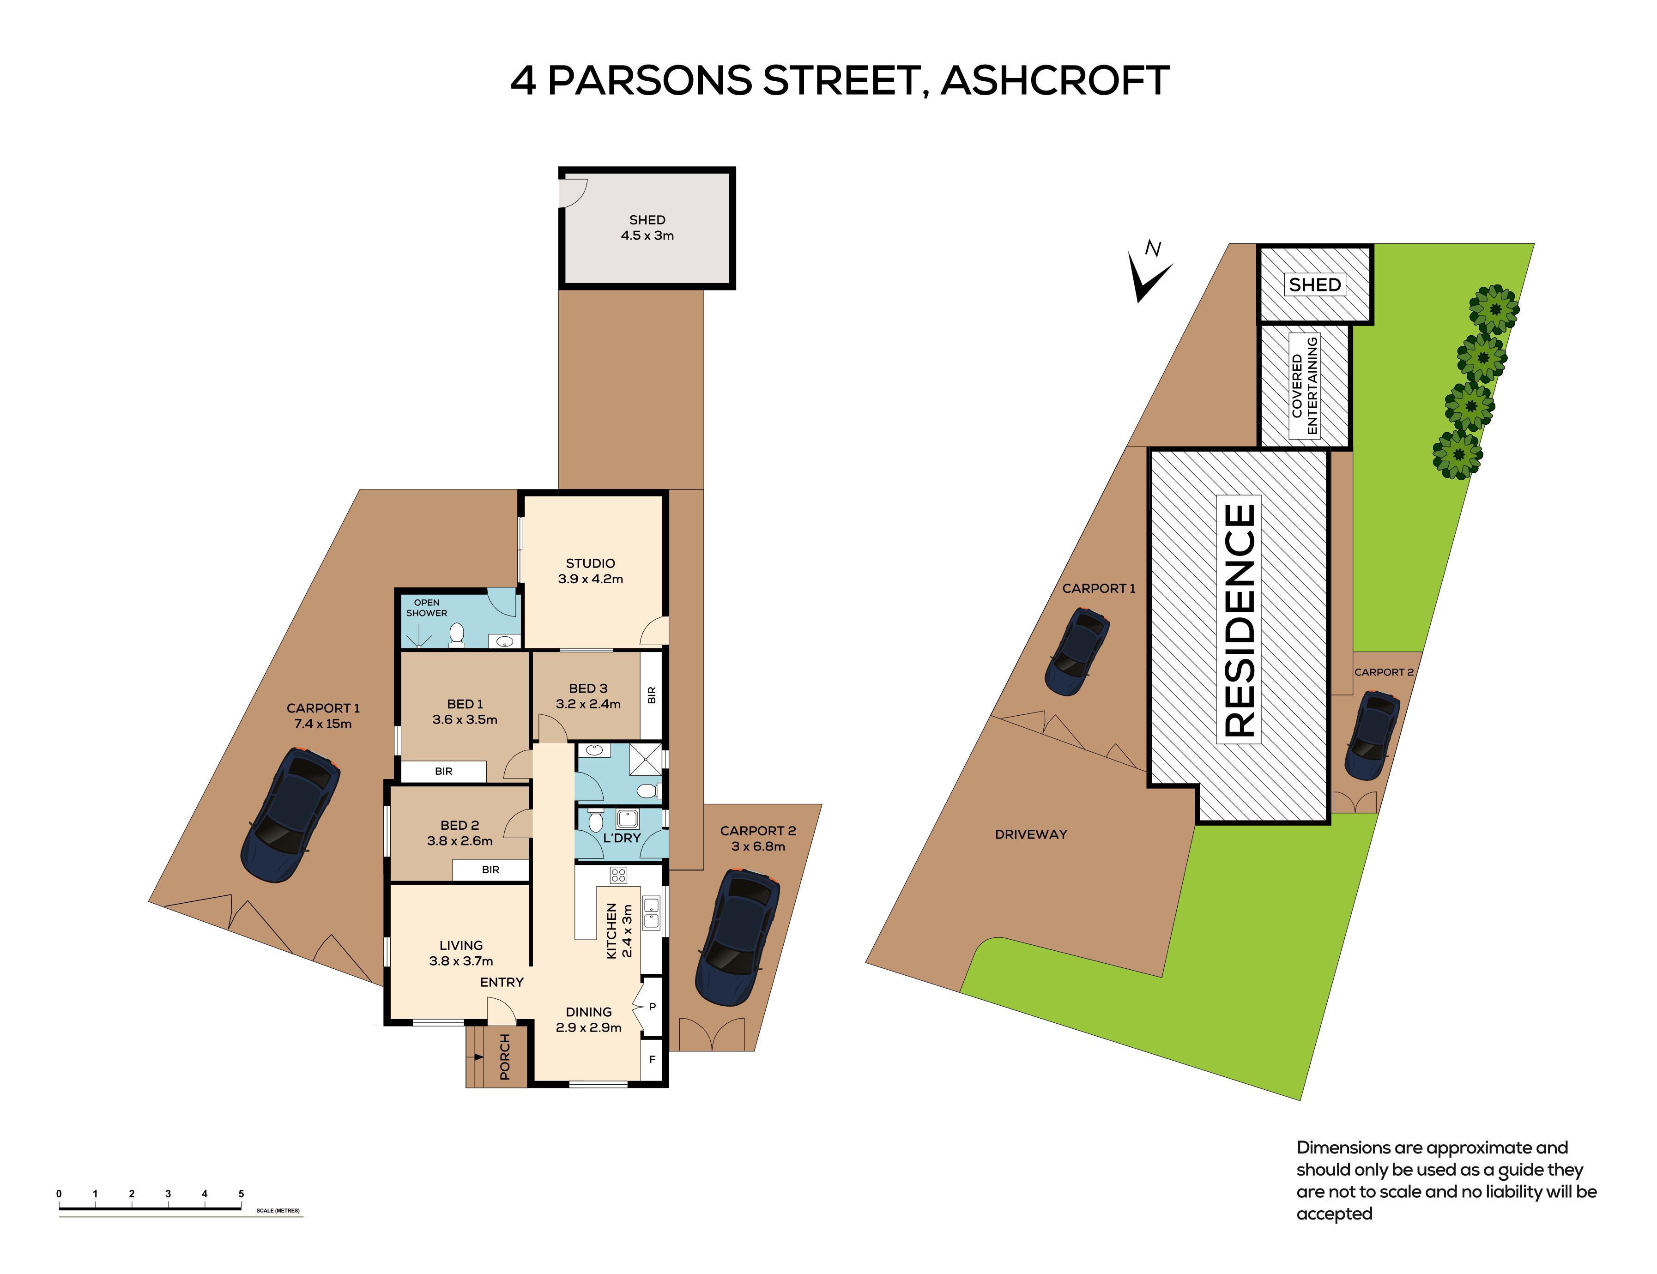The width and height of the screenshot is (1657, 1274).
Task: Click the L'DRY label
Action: pyautogui.click(x=622, y=838)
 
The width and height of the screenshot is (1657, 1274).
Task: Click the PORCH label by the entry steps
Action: pyautogui.click(x=504, y=1057)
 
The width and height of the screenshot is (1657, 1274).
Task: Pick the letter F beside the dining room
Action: pyautogui.click(x=652, y=1059)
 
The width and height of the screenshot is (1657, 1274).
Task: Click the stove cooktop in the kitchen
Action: pyautogui.click(x=618, y=876)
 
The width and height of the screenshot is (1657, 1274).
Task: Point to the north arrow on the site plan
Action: pyautogui.click(x=1148, y=273)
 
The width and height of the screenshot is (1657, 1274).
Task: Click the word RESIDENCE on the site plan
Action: pyautogui.click(x=1239, y=620)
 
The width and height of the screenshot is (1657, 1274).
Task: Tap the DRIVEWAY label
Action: pyautogui.click(x=1031, y=834)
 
